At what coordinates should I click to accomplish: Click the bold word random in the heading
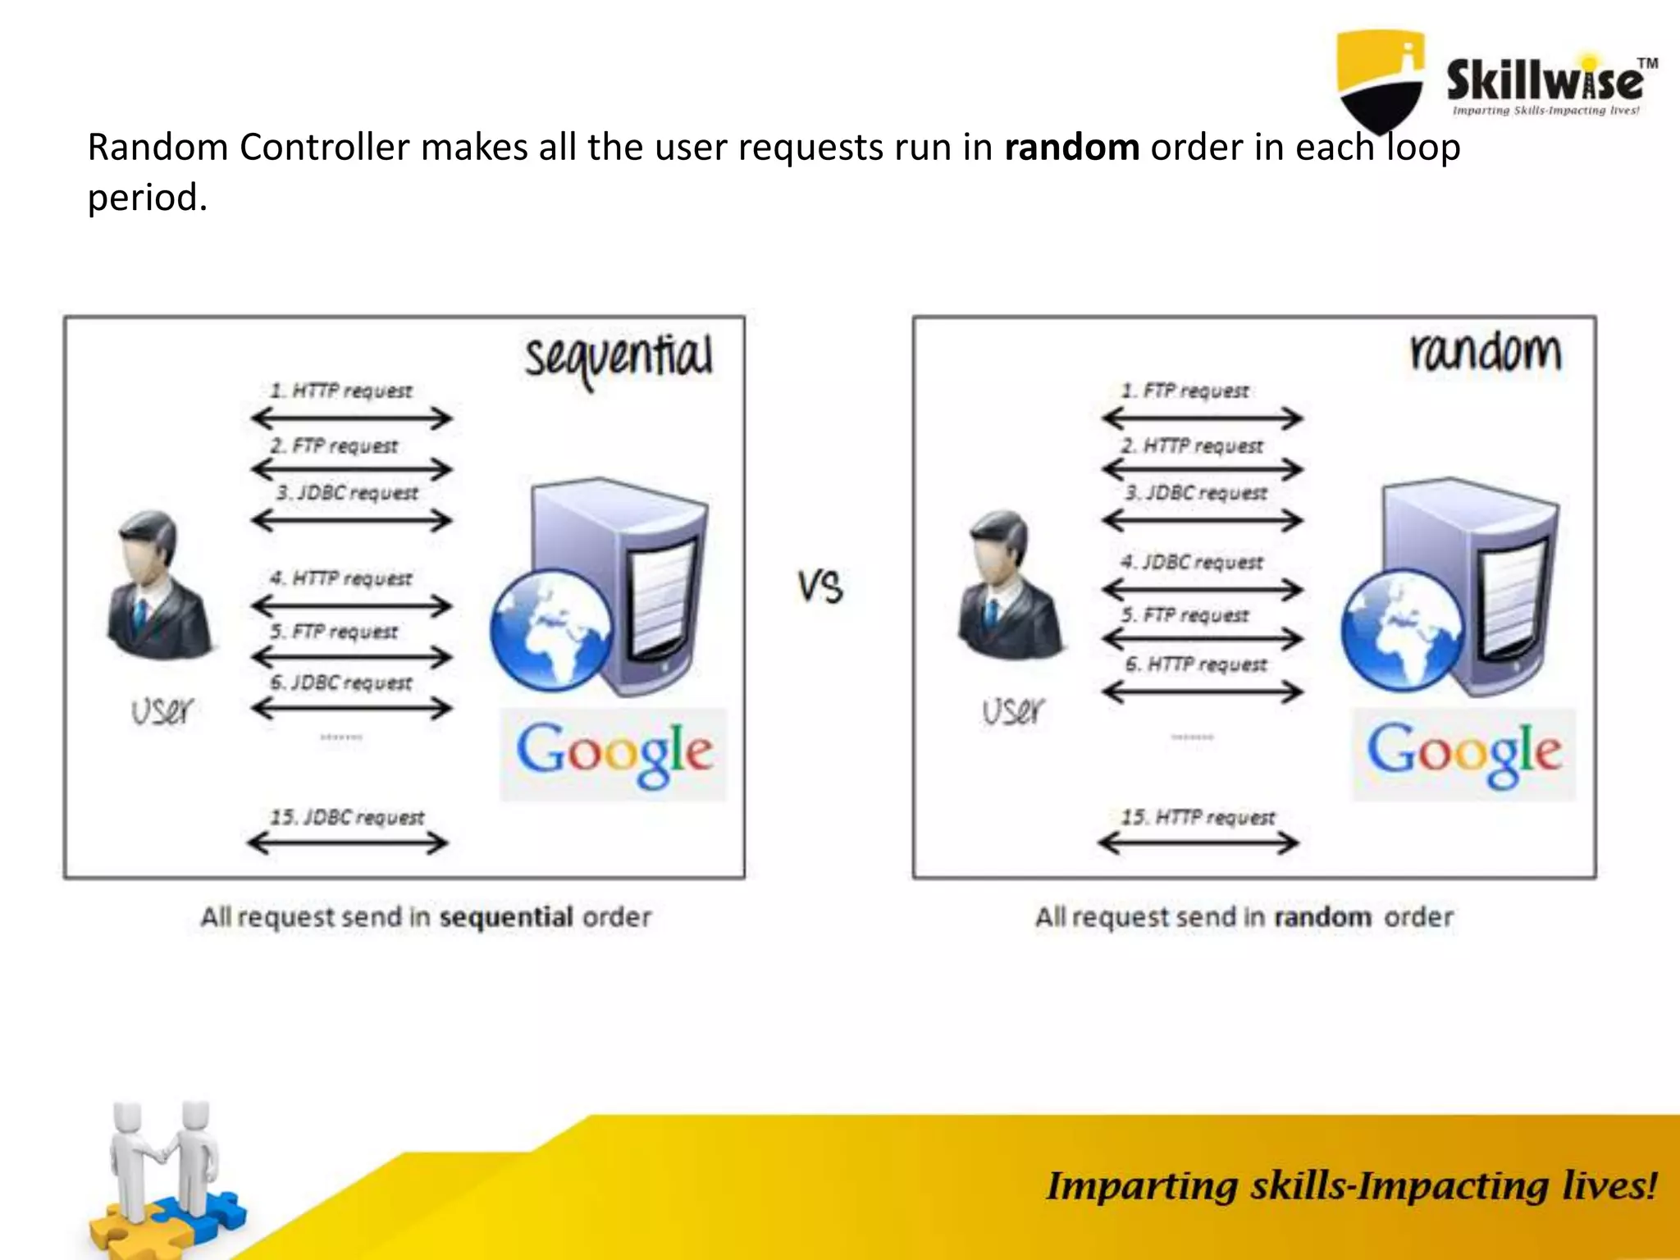click(x=1071, y=148)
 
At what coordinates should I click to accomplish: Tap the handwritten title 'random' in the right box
click(x=1486, y=352)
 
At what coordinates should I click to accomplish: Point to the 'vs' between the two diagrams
click(x=819, y=587)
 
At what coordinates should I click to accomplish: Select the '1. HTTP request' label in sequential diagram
click(x=341, y=390)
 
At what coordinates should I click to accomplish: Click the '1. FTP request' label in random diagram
click(x=1185, y=390)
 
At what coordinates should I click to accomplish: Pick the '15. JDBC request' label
click(x=347, y=817)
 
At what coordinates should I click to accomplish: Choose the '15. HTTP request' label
click(x=1198, y=817)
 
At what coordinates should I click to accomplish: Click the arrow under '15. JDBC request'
click(x=347, y=842)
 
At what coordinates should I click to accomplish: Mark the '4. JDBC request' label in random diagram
click(x=1193, y=562)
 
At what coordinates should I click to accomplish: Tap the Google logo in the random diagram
click(x=1463, y=753)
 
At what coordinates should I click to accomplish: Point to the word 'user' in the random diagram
click(x=1014, y=710)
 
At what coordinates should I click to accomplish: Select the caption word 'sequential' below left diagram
click(x=506, y=916)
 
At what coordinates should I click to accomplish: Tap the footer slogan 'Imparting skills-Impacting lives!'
click(x=1351, y=1186)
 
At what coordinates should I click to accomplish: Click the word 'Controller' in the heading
click(x=324, y=148)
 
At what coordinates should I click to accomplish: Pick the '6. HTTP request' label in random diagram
click(x=1196, y=664)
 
